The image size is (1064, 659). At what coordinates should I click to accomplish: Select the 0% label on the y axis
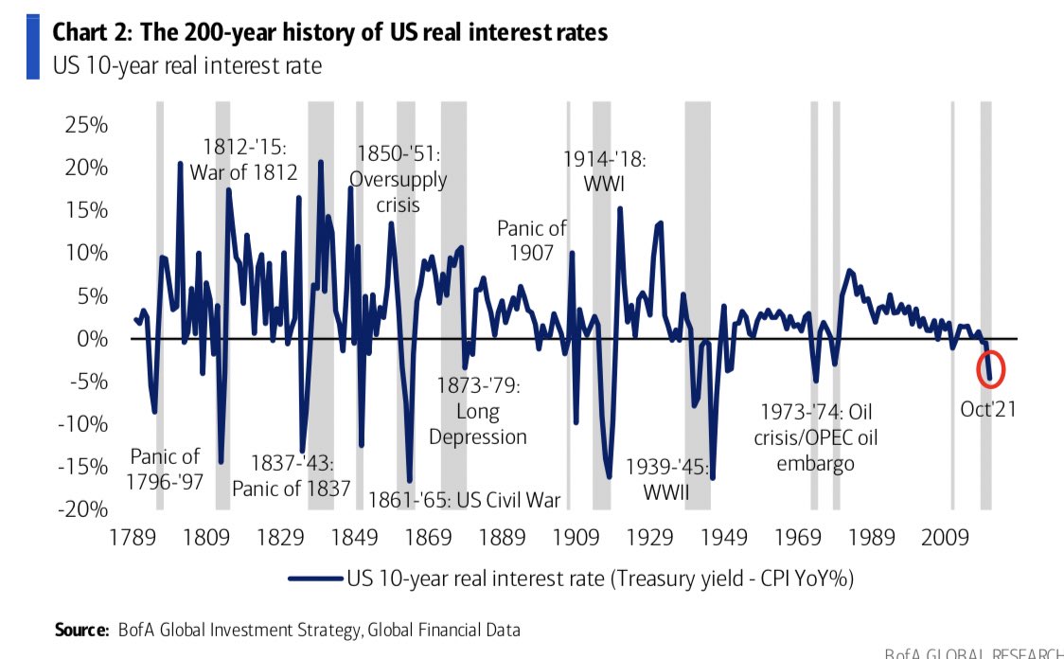[92, 338]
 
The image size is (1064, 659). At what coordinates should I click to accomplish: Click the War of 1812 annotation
[244, 160]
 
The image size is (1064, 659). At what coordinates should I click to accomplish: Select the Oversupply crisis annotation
[399, 178]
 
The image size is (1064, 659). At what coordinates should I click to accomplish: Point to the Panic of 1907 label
[532, 240]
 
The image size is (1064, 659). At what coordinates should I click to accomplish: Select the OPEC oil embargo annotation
[815, 437]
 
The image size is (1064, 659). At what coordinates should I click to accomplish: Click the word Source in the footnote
[82, 630]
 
